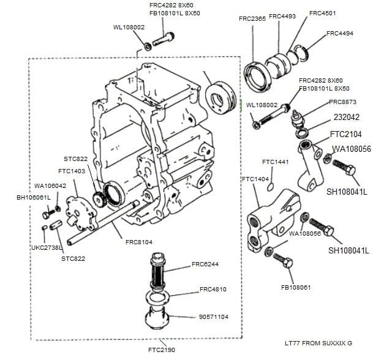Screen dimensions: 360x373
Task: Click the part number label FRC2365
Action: [x=252, y=19]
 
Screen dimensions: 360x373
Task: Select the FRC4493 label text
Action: [x=282, y=16]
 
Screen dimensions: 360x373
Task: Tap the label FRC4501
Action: [x=322, y=13]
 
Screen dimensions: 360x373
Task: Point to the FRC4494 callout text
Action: [x=340, y=34]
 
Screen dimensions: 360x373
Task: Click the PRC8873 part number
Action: [x=342, y=102]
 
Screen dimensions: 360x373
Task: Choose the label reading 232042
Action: [x=347, y=116]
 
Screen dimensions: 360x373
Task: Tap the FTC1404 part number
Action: [x=255, y=179]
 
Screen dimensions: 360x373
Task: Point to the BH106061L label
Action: [x=34, y=197]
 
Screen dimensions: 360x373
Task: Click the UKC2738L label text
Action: [x=47, y=248]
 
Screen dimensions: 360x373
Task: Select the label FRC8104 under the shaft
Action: [x=139, y=242]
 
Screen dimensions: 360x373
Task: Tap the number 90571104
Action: [x=214, y=317]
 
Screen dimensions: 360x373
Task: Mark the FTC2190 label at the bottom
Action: [x=161, y=350]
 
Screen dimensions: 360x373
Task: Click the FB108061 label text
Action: [x=296, y=287]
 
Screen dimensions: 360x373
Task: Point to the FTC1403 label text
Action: [x=72, y=171]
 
